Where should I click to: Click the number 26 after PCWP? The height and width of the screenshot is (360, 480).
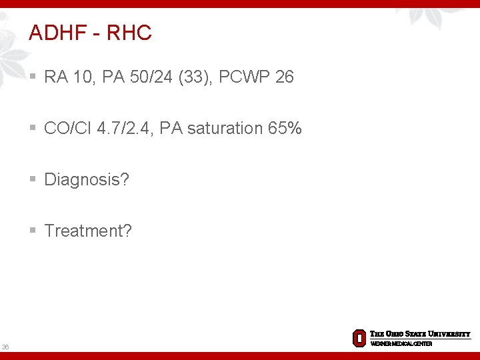click(x=284, y=77)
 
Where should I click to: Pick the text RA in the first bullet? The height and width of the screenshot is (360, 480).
click(x=55, y=77)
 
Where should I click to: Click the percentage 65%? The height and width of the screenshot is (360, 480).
click(x=285, y=128)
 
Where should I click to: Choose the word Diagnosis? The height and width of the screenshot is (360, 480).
click(x=87, y=179)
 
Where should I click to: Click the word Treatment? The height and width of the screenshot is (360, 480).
click(x=88, y=231)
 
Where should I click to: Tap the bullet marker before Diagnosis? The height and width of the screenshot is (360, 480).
click(x=33, y=179)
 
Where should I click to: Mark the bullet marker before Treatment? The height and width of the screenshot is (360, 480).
click(x=33, y=231)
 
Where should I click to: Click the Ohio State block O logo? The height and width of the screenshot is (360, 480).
click(x=359, y=338)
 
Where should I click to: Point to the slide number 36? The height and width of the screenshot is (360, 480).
click(x=5, y=347)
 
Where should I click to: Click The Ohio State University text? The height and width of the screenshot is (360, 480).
click(x=420, y=334)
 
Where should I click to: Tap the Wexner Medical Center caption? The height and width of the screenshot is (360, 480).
click(x=401, y=343)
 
